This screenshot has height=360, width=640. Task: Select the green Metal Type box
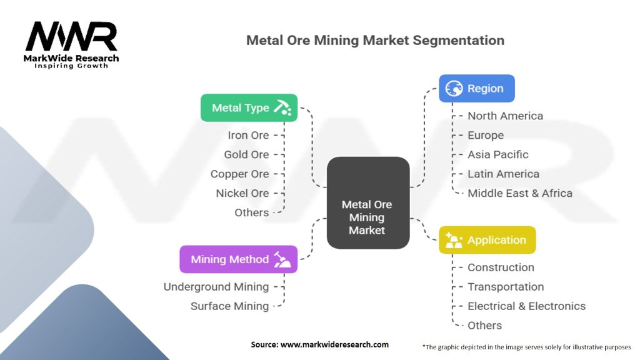pos(249,107)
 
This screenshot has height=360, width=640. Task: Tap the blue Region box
pos(476,89)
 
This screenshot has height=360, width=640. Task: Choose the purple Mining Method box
pos(238,259)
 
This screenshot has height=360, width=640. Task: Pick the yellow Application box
pos(487,240)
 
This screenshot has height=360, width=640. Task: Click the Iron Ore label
pos(248,135)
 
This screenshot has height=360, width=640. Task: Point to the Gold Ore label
pos(246,154)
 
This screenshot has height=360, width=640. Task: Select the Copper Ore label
pos(239,174)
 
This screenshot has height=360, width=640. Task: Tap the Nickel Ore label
pos(242,193)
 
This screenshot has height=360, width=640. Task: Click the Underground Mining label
pos(216,287)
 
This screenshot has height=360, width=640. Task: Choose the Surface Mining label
pos(229,306)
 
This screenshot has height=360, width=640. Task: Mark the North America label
pos(505,116)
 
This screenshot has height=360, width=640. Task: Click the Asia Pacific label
pos(497,154)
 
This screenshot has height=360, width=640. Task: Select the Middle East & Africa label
pos(519,193)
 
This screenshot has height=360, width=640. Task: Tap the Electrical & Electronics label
pos(526,306)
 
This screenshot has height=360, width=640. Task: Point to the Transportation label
pos(505,287)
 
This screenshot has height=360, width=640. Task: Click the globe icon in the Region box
pos(454,89)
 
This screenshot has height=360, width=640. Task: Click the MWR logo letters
pos(71,37)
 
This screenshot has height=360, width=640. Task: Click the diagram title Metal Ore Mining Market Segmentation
pos(375,41)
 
